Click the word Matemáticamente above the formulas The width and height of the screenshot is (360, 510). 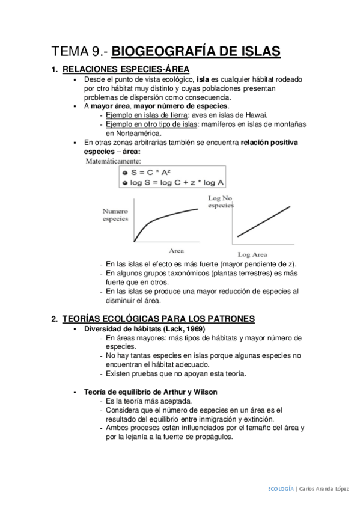coord(114,161)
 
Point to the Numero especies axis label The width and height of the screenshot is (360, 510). coord(115,215)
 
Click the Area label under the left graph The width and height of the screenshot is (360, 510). coord(176,250)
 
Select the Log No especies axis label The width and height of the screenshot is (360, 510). coord(220,201)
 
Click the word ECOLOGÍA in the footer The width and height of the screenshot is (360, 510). coord(280,489)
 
